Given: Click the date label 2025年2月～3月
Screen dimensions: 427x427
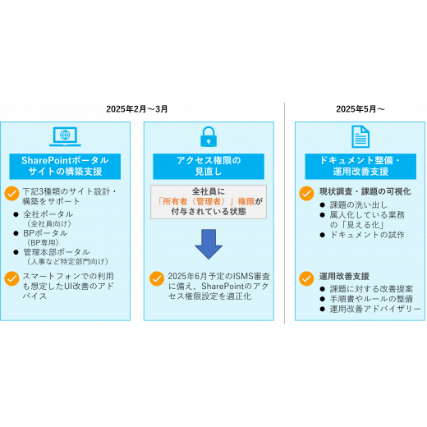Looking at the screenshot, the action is (x=137, y=109).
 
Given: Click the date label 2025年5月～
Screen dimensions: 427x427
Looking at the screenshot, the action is (x=360, y=109).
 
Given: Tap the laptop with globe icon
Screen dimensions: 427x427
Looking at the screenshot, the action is (x=65, y=136).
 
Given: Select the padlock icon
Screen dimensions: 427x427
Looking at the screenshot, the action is (x=209, y=136).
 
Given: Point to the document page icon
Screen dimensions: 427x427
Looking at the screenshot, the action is (x=360, y=136).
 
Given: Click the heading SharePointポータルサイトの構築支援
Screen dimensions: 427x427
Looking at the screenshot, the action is (x=65, y=166).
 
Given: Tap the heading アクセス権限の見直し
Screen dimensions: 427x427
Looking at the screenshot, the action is (x=209, y=166).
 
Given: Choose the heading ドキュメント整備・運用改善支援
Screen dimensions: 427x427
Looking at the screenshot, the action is (x=360, y=166).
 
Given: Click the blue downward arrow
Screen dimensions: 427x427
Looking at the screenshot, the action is (x=209, y=244).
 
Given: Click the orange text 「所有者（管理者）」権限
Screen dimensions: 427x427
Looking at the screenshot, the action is (x=206, y=201).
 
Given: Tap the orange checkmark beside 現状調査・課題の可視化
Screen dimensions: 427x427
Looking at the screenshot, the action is (x=306, y=194).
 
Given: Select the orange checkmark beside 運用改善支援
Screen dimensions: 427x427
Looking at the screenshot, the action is (x=306, y=278).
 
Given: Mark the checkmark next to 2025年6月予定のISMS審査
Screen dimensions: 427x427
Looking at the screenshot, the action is (x=157, y=278).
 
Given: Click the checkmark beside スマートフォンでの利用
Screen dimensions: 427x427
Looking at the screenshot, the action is (x=11, y=278).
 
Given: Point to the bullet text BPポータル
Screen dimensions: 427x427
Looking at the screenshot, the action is (x=45, y=233).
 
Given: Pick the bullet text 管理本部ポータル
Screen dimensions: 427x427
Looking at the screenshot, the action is (x=57, y=252).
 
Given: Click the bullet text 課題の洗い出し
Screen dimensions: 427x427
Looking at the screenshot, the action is (x=359, y=204).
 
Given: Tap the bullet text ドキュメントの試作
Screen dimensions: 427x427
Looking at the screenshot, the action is (x=367, y=235).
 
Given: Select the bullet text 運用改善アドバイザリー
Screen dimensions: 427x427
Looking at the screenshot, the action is (x=375, y=309).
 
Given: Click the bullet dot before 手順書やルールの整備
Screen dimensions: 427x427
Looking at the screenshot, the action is (x=323, y=299).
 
